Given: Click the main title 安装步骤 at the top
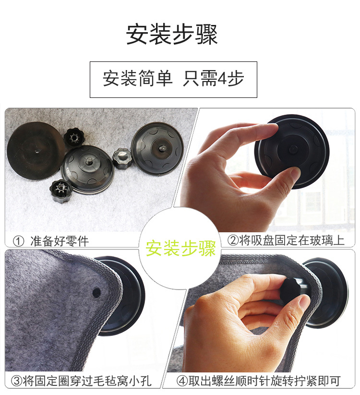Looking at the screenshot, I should [172, 34].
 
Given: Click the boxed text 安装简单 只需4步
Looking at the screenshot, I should [173, 79].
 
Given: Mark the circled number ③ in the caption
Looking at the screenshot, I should [17, 382].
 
